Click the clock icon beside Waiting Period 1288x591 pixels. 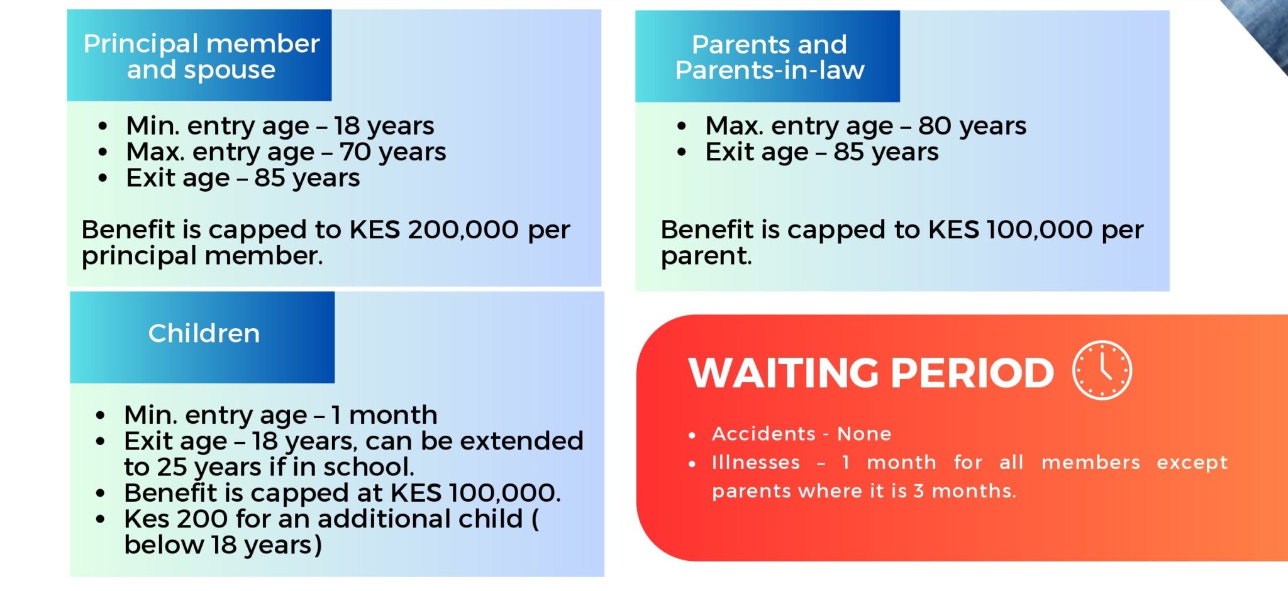pyautogui.click(x=1102, y=370)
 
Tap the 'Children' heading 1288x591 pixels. pyautogui.click(x=204, y=333)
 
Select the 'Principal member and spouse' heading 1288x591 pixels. pyautogui.click(x=201, y=57)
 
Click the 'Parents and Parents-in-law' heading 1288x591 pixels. pyautogui.click(x=770, y=57)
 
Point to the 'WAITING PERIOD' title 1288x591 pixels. pyautogui.click(x=871, y=373)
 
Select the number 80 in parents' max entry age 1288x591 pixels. pyautogui.click(x=935, y=126)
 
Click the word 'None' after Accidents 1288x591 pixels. pyautogui.click(x=864, y=434)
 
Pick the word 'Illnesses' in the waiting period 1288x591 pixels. pyautogui.click(x=756, y=462)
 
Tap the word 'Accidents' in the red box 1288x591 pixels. pyautogui.click(x=763, y=434)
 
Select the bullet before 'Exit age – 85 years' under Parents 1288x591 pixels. pyautogui.click(x=682, y=152)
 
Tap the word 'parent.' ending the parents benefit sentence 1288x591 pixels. pyautogui.click(x=706, y=257)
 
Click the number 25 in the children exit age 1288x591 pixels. pyautogui.click(x=172, y=467)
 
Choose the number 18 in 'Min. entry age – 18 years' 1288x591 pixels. pyautogui.click(x=347, y=126)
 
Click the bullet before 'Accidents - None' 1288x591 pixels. pyautogui.click(x=692, y=435)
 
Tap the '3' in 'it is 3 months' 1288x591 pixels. pyautogui.click(x=919, y=490)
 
